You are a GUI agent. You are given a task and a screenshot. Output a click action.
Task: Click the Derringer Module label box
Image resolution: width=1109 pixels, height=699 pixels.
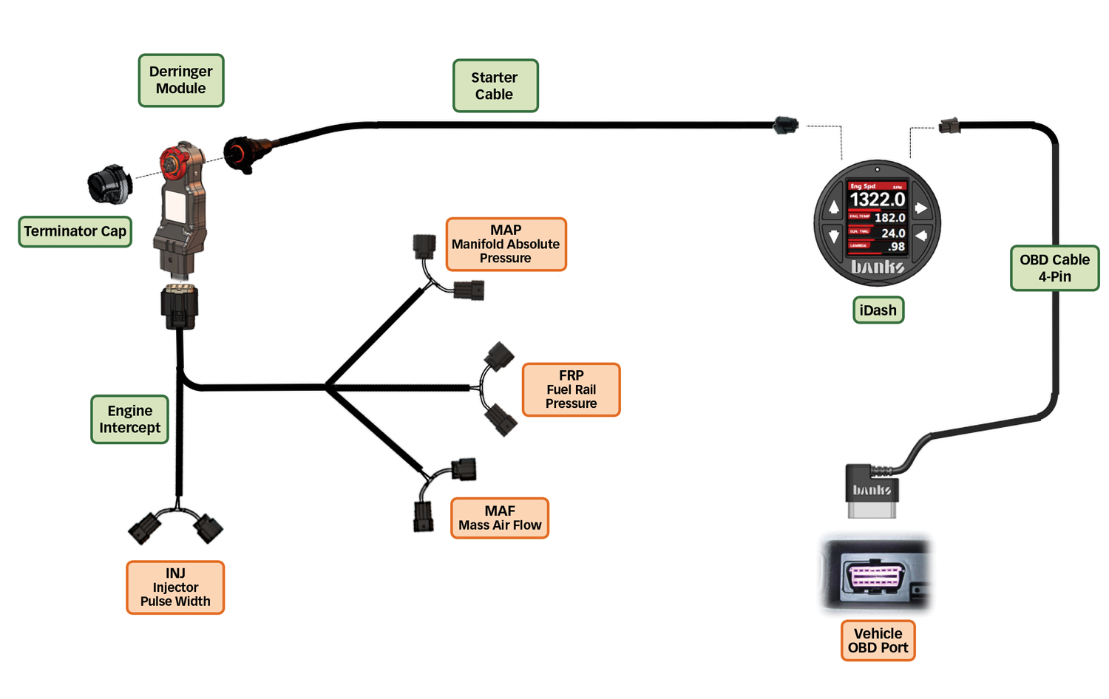tap(181, 81)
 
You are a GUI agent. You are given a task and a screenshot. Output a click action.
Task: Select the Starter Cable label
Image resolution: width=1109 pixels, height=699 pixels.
tap(495, 86)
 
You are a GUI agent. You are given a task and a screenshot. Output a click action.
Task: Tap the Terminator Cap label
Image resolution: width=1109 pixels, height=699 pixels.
tap(75, 231)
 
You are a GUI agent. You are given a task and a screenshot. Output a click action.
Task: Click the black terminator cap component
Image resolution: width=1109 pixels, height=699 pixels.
tap(109, 184)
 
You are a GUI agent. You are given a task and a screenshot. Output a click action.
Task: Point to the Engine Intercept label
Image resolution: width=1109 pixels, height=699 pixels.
tap(129, 419)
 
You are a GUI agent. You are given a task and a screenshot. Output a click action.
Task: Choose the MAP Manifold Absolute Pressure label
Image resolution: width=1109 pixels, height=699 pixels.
tap(506, 244)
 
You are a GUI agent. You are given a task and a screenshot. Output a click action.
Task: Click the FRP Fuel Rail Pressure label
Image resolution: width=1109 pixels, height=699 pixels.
tap(571, 389)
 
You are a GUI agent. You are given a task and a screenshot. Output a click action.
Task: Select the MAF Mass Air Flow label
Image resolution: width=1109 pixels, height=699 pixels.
tap(500, 518)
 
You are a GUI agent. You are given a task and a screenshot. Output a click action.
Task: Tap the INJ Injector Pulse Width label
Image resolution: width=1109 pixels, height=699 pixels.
tap(175, 587)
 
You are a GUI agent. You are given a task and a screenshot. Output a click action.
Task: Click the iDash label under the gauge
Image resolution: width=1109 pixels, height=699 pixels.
tap(878, 310)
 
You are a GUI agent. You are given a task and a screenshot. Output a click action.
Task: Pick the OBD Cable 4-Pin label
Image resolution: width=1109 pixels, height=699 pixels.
tap(1054, 268)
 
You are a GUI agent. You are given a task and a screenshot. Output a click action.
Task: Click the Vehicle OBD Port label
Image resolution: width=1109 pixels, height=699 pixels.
tap(878, 641)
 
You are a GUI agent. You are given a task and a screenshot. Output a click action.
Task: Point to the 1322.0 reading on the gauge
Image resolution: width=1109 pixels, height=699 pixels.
tap(878, 200)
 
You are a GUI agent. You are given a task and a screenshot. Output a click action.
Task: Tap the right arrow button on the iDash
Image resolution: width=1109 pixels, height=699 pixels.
tap(921, 208)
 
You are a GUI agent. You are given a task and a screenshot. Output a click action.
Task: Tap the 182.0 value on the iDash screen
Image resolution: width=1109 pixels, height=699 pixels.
tap(890, 218)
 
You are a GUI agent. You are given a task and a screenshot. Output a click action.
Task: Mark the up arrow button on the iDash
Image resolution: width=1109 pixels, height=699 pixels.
tap(834, 208)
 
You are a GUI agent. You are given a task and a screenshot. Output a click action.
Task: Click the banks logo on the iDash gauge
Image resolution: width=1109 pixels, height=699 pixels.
tap(878, 267)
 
